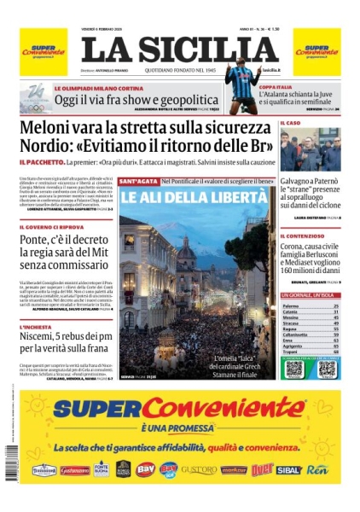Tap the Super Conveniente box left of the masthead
(x=43, y=52)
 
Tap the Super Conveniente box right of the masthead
(x=317, y=52)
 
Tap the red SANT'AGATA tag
(x=137, y=182)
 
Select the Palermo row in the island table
(x=311, y=305)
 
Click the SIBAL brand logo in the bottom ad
(x=288, y=469)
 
